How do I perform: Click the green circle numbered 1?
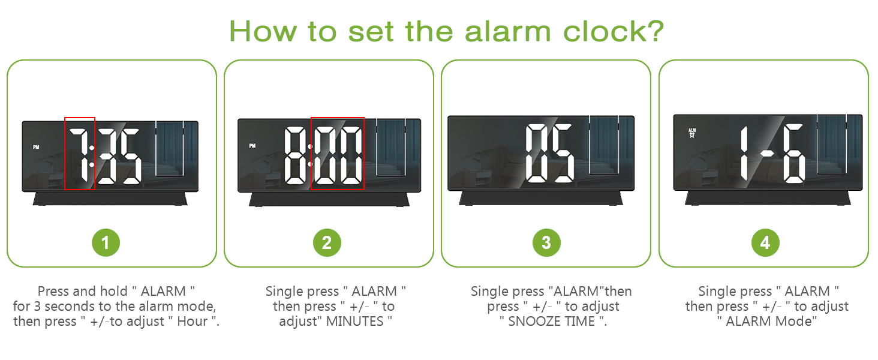pos(106,243)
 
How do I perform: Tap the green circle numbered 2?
pos(326,243)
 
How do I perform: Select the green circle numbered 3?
pos(546,243)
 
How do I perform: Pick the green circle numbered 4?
pos(765,243)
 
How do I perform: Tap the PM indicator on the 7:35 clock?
pos(36,147)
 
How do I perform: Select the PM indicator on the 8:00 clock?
pos(252,146)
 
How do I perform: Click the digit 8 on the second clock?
pos(294,155)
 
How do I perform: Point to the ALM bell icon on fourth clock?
pos(692,133)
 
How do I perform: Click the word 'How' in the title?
pos(258,31)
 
